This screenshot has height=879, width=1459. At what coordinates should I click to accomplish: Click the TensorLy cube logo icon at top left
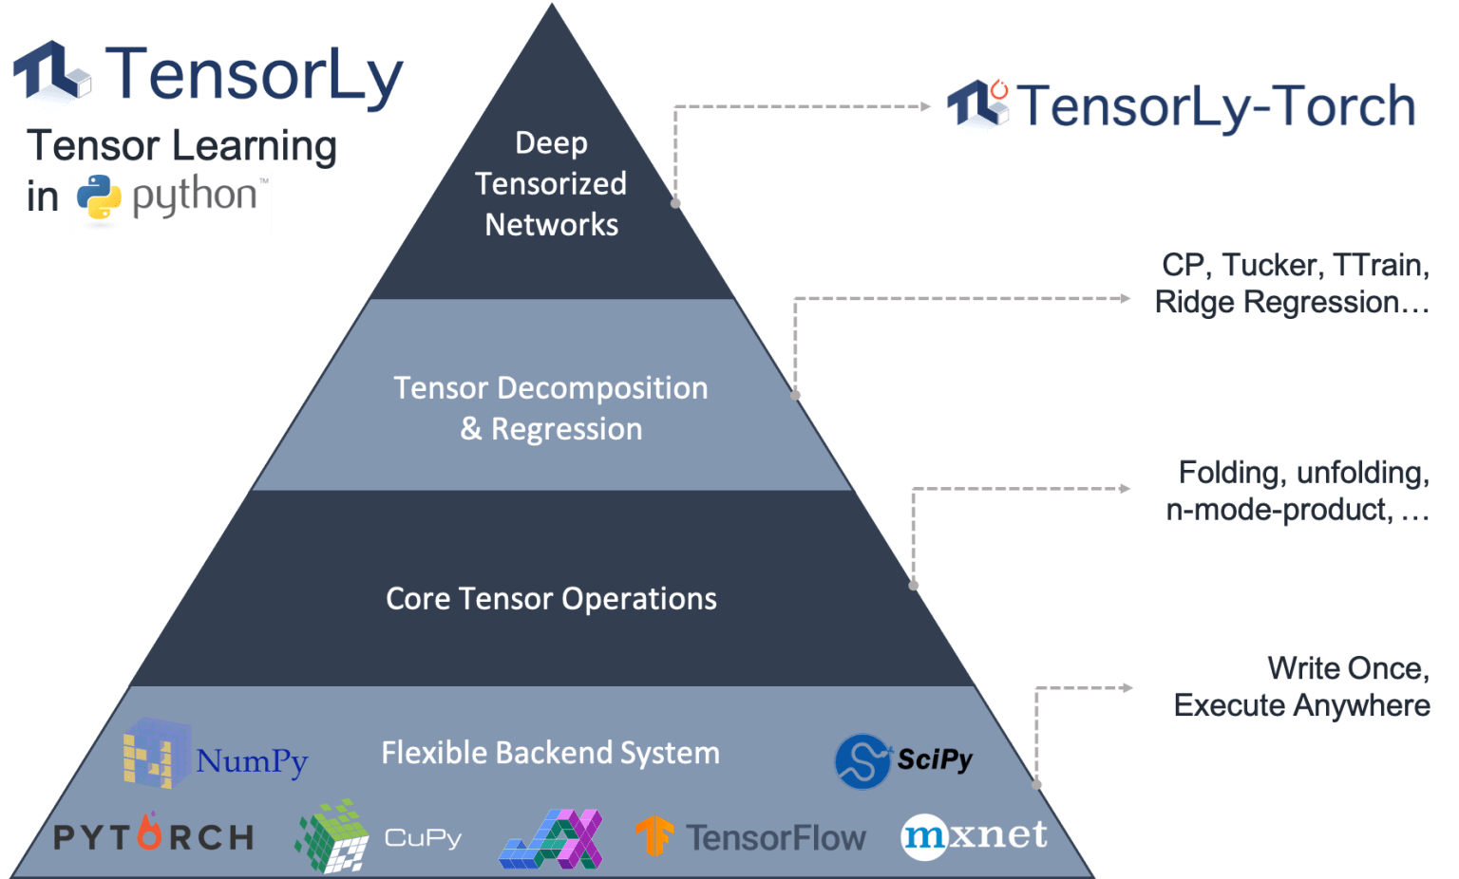[52, 75]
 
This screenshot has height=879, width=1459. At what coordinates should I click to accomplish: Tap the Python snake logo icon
[99, 200]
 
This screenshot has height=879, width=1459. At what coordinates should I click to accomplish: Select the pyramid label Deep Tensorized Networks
[551, 184]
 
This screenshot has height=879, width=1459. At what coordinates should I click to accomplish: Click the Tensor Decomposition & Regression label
[551, 408]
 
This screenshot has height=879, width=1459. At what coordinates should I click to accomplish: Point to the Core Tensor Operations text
[551, 599]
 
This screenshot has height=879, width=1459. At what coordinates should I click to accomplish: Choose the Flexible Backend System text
[550, 753]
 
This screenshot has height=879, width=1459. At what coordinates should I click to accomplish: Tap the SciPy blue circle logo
[862, 761]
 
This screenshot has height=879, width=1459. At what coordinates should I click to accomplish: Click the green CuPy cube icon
[332, 836]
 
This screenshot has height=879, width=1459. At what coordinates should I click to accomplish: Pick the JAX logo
[552, 839]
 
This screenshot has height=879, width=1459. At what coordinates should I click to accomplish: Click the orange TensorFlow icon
[654, 836]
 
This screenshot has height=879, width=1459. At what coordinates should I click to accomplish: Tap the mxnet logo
[974, 836]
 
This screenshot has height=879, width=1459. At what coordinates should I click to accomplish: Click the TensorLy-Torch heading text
[1216, 106]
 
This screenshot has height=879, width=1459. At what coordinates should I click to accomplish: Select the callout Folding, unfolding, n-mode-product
[1298, 491]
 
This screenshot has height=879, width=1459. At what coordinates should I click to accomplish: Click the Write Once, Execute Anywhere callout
[1302, 687]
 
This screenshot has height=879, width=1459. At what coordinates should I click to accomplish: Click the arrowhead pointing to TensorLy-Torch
[926, 106]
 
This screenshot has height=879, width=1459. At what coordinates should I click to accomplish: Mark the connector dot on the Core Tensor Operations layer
[914, 585]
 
